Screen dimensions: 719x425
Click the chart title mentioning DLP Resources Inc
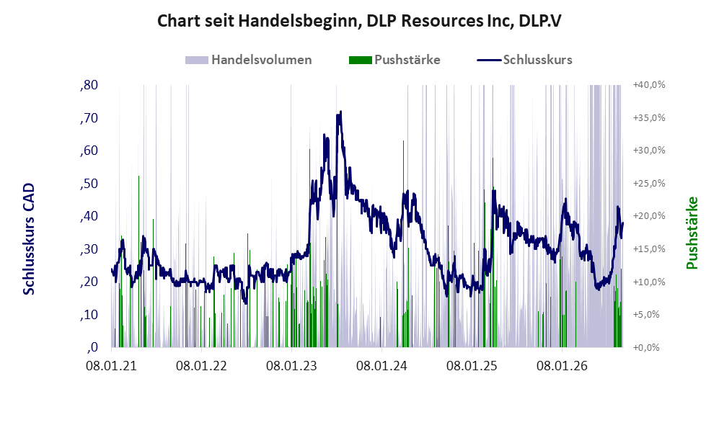click(359, 21)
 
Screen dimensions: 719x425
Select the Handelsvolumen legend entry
click(249, 60)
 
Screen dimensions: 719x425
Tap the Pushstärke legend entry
click(394, 60)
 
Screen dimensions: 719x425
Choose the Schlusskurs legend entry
click(524, 60)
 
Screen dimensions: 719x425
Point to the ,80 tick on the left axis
click(89, 85)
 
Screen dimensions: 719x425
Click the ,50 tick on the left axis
click(89, 183)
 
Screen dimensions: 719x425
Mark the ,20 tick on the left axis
click(89, 282)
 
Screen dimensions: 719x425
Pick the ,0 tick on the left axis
click(92, 347)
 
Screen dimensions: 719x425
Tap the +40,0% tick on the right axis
click(649, 85)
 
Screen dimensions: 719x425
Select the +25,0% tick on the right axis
click(649, 183)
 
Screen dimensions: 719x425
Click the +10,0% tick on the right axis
click(649, 282)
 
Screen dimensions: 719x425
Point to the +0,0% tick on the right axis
click(646, 348)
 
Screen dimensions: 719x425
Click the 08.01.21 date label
click(112, 367)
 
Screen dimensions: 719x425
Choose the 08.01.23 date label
click(291, 367)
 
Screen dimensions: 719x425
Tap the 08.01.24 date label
click(382, 367)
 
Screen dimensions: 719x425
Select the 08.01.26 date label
click(563, 367)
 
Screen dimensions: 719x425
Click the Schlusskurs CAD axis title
click(29, 238)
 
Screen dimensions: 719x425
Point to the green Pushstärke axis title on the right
click(692, 233)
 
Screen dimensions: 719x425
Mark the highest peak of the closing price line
click(340, 111)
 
